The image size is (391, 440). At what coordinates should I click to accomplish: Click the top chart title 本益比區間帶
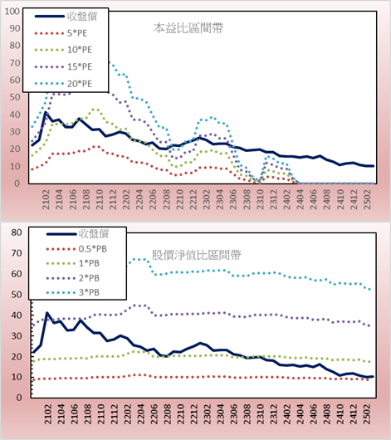click(x=188, y=28)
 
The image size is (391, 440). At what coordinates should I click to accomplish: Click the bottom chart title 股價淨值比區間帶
click(x=196, y=255)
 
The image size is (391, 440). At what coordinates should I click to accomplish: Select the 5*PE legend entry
click(x=61, y=33)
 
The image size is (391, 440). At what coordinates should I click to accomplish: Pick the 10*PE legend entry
click(x=63, y=50)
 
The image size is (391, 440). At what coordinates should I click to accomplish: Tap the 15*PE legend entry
click(x=63, y=66)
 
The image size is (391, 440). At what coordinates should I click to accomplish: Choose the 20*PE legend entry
click(x=63, y=84)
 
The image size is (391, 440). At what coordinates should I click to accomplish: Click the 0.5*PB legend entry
click(x=76, y=249)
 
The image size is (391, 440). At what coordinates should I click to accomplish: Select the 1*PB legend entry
click(x=73, y=263)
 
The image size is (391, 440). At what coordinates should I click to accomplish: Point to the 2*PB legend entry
click(x=73, y=278)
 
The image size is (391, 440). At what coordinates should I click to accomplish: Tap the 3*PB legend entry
click(x=73, y=292)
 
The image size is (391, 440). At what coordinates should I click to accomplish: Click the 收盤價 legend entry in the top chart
click(x=66, y=17)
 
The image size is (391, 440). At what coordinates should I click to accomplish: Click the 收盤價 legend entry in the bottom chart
click(x=77, y=233)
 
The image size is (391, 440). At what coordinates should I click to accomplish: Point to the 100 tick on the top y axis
click(x=12, y=12)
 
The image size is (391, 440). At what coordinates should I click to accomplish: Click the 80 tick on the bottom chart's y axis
click(x=17, y=232)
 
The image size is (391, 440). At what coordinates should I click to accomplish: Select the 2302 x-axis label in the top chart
click(x=207, y=199)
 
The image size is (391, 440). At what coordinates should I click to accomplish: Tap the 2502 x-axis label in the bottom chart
click(x=367, y=414)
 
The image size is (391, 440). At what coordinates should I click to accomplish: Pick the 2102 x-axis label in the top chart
click(x=46, y=199)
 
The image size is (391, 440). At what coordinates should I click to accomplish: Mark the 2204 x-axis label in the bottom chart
click(x=140, y=414)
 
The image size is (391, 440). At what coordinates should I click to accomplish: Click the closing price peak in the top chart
click(x=46, y=113)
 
